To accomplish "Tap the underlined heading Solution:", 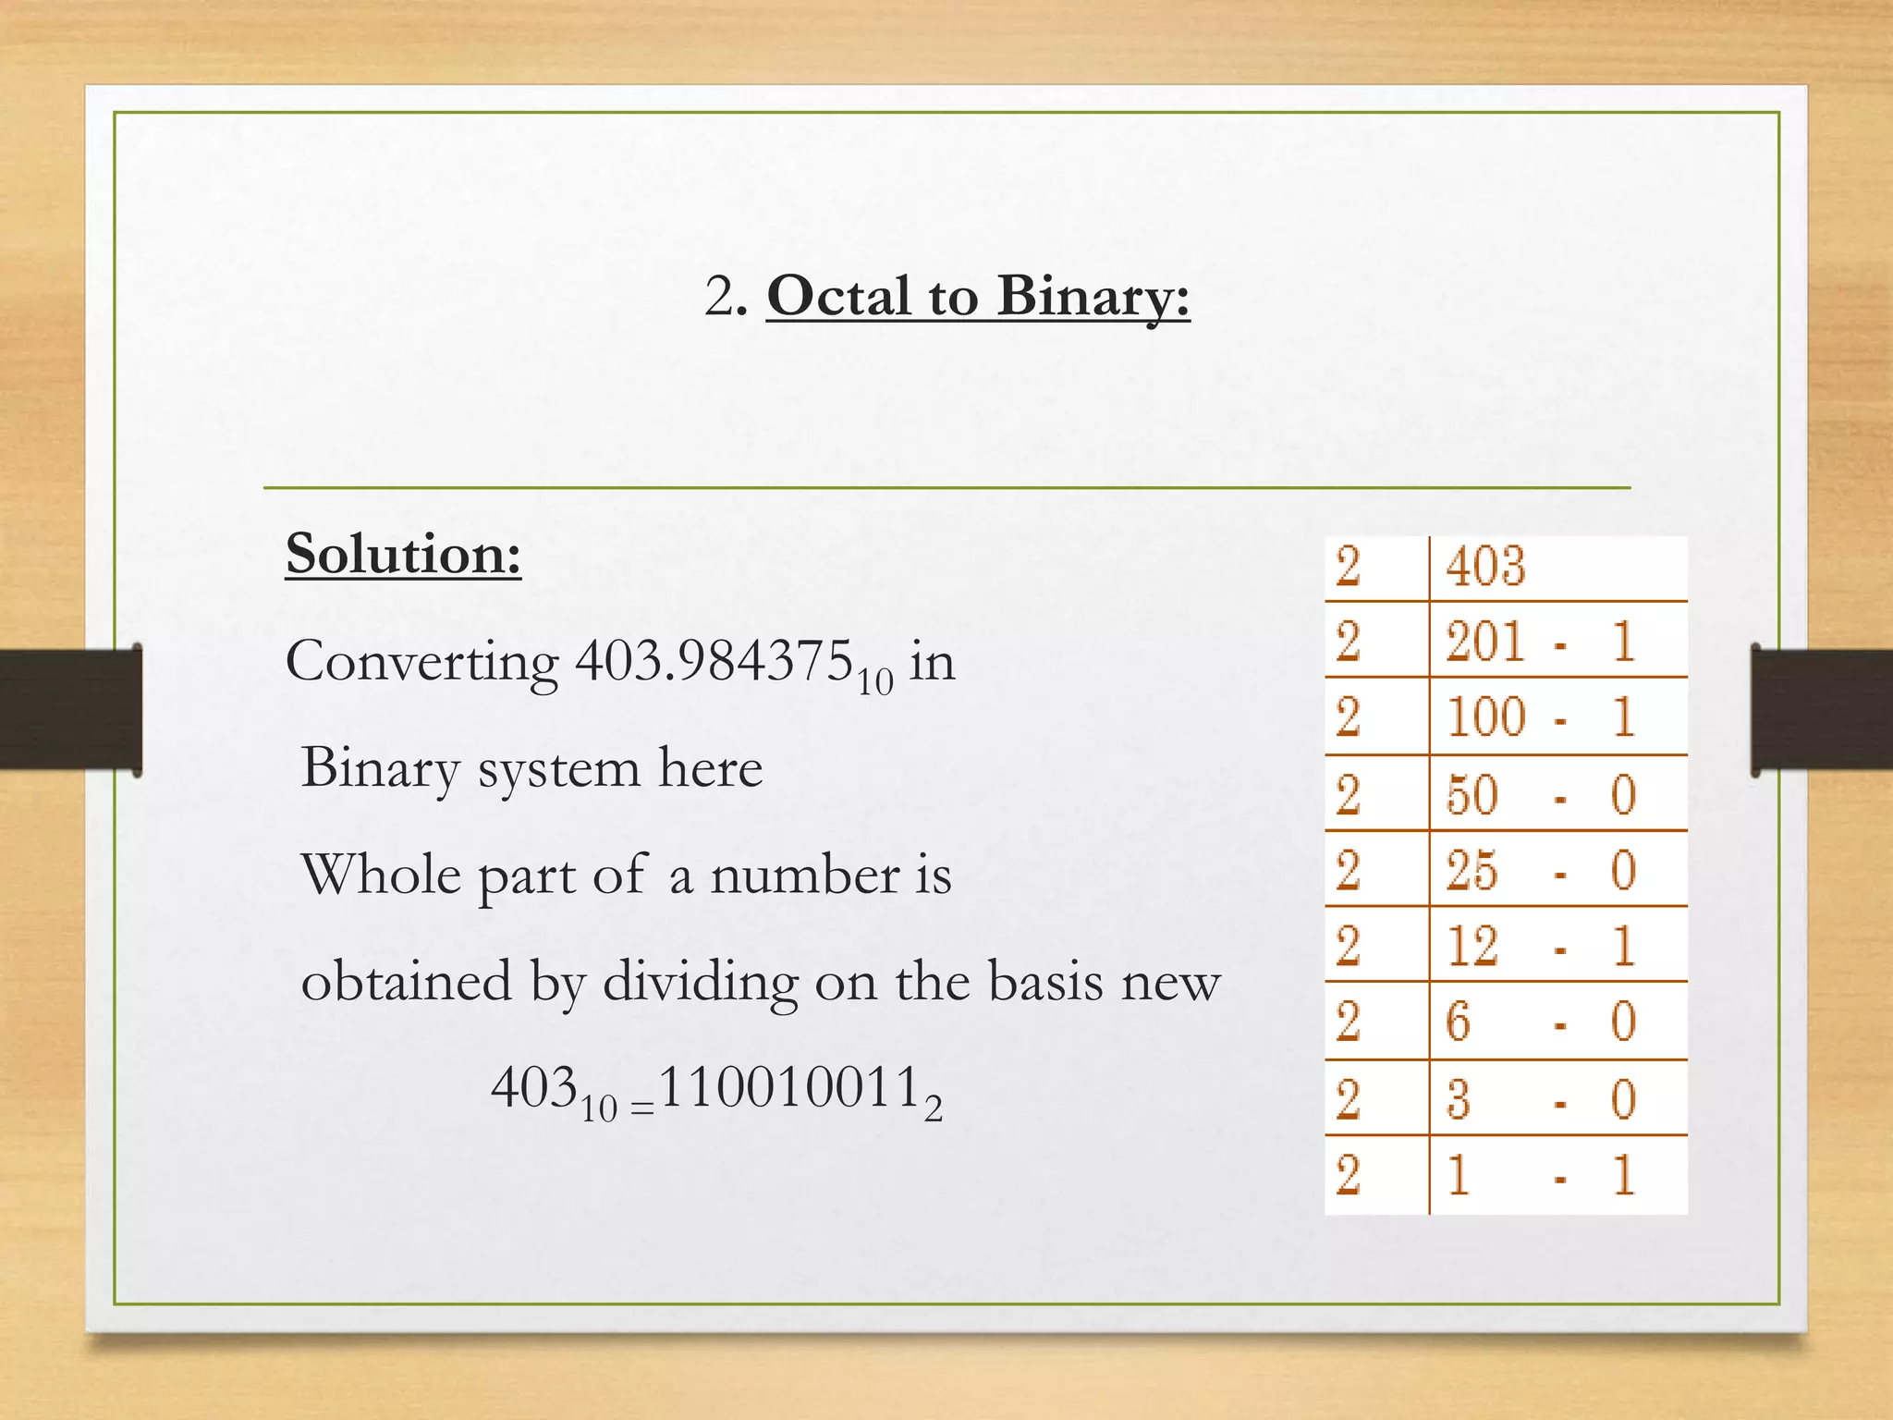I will pyautogui.click(x=403, y=555).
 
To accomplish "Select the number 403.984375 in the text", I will pyautogui.click(x=714, y=662).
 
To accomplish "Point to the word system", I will pyautogui.click(x=558, y=769).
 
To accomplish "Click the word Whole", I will pyautogui.click(x=381, y=875).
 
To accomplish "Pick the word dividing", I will pyautogui.click(x=700, y=982).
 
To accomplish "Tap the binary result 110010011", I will pyautogui.click(x=789, y=1088).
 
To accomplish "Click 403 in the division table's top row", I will pyautogui.click(x=1485, y=566).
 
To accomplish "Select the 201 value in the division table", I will pyautogui.click(x=1485, y=642).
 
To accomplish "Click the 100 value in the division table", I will pyautogui.click(x=1485, y=717).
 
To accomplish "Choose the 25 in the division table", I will pyautogui.click(x=1472, y=871).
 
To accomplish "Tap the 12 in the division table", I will pyautogui.click(x=1472, y=947).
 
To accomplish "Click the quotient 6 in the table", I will pyautogui.click(x=1458, y=1022).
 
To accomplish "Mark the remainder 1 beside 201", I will pyautogui.click(x=1623, y=642).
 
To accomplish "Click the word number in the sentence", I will pyautogui.click(x=804, y=875).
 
